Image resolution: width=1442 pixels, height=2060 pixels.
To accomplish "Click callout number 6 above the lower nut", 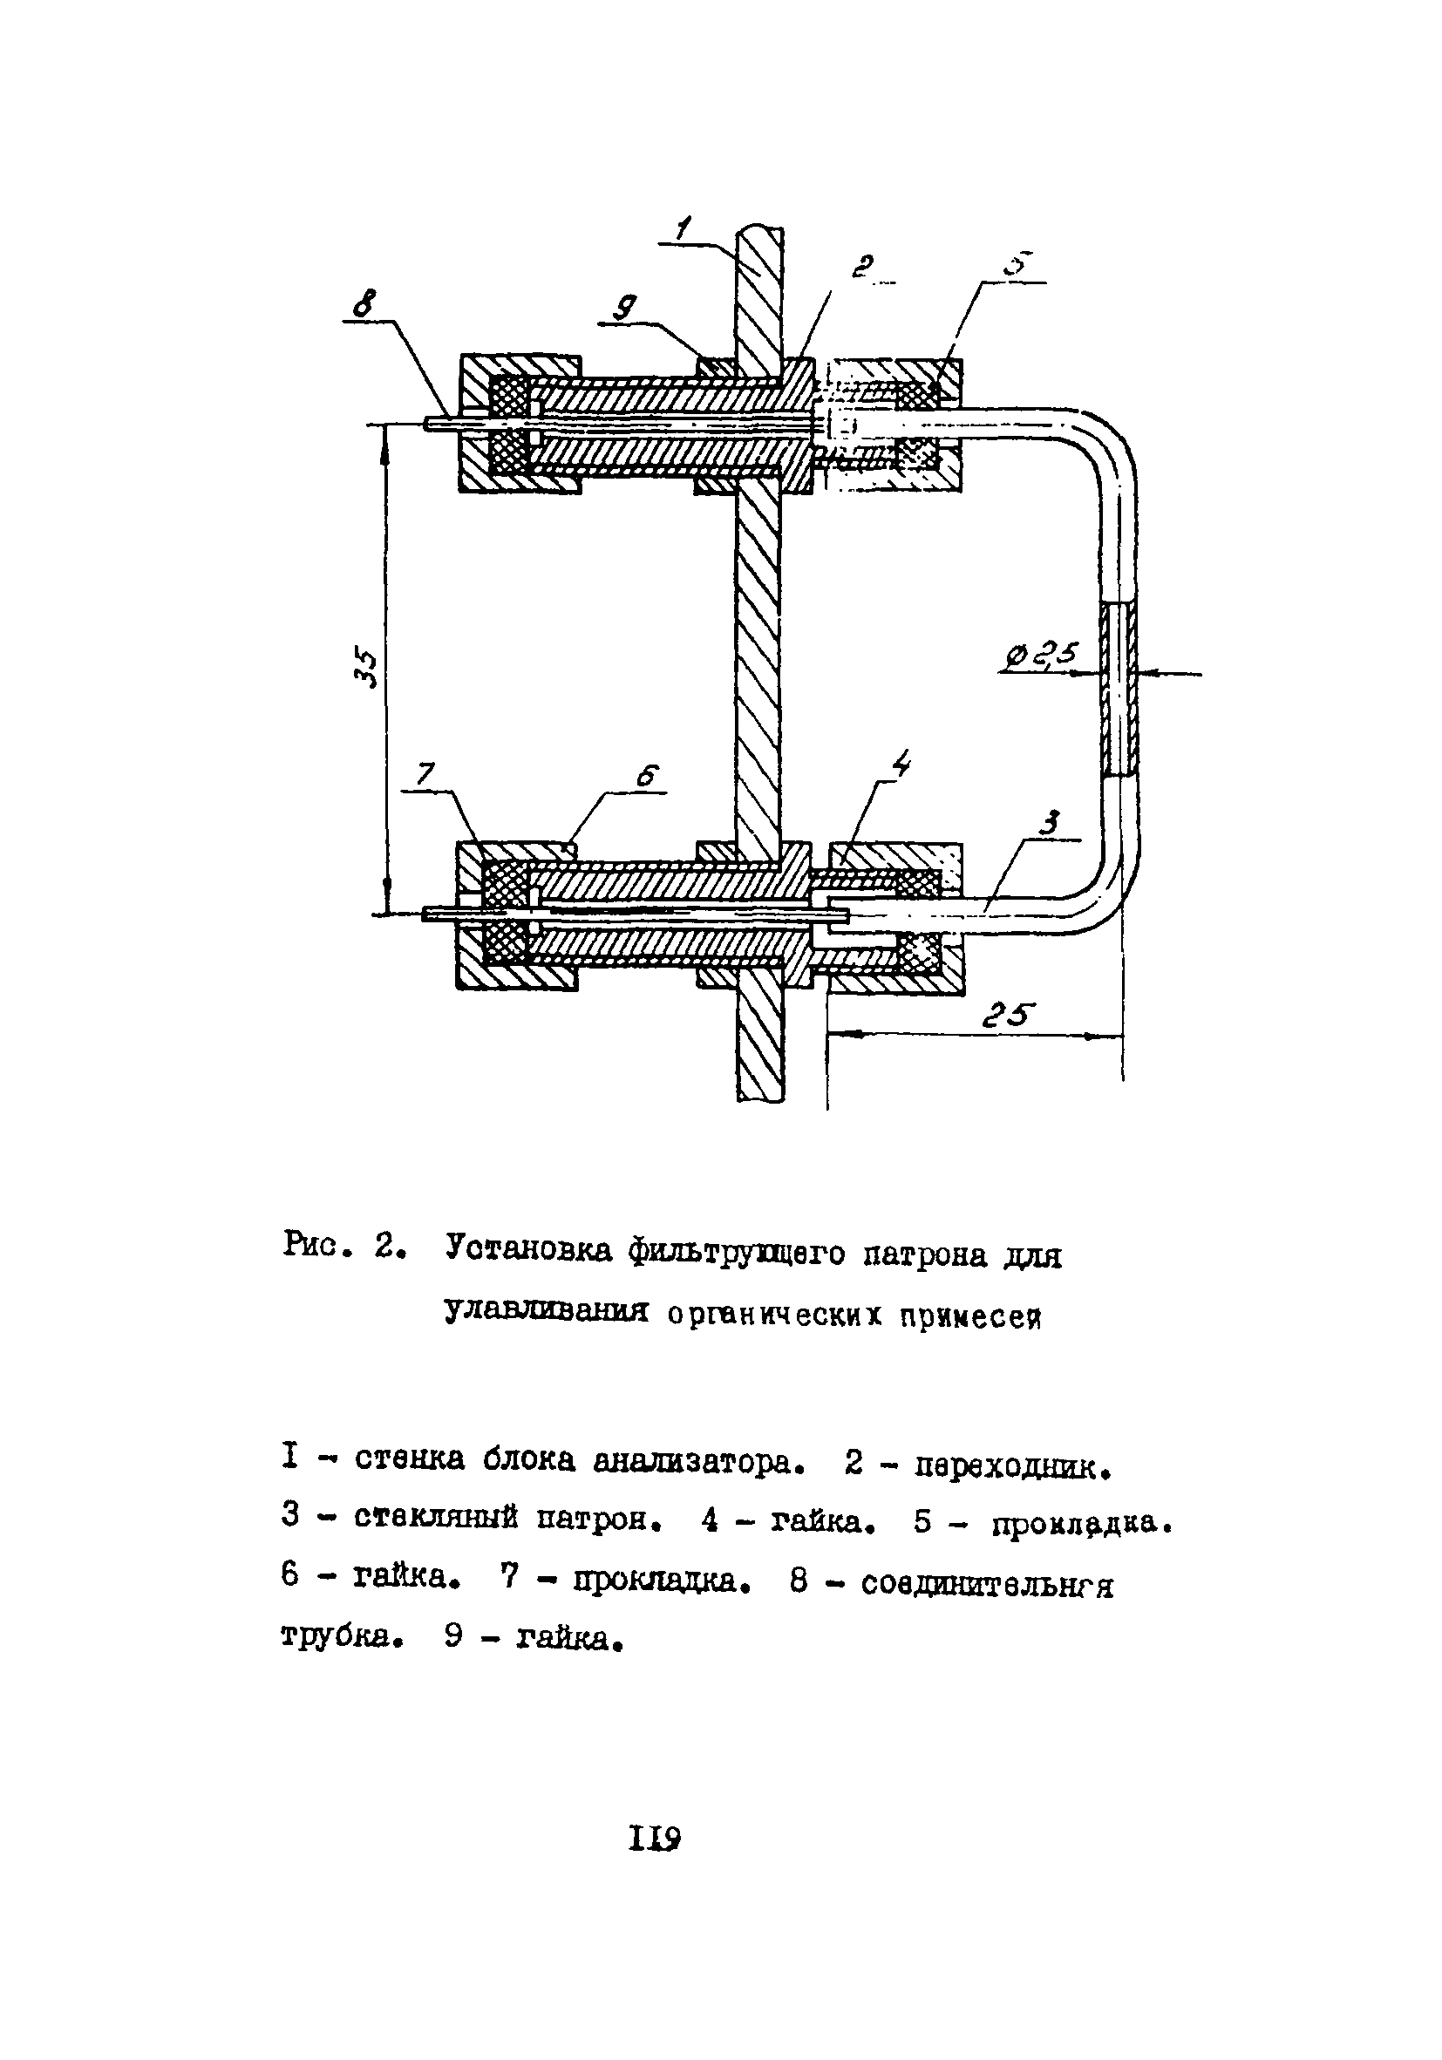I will (648, 775).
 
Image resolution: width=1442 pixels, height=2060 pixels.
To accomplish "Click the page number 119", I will (655, 1839).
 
